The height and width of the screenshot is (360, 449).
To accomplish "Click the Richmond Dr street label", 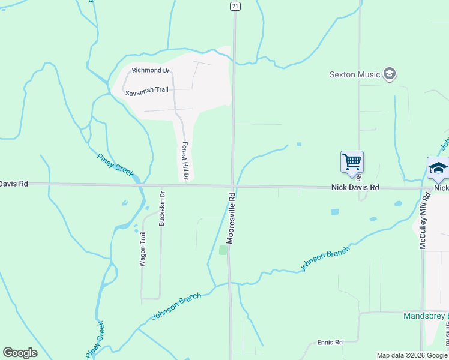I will [151, 70].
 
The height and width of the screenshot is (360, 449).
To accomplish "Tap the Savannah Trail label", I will [147, 93].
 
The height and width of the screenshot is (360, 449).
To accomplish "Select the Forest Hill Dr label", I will [185, 161].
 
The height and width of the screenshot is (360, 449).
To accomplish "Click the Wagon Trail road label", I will [142, 249].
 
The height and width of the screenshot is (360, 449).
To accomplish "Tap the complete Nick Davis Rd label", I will [355, 188].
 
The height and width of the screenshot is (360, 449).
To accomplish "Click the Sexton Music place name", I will [355, 74].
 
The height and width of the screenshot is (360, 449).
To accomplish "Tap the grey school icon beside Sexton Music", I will [389, 74].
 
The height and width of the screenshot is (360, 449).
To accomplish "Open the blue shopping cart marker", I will [352, 161].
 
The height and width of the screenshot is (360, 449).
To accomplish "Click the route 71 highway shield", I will [235, 5].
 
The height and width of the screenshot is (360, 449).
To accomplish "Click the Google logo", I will [20, 353].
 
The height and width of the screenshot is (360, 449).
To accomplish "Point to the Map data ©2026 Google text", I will [412, 355].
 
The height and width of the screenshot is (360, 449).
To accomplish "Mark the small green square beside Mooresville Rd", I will [223, 250].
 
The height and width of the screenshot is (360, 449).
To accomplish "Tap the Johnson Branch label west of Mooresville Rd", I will [176, 306].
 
